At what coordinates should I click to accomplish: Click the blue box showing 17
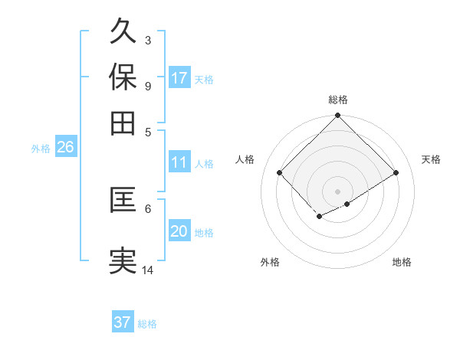click(x=179, y=78)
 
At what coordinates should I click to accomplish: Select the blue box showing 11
click(x=179, y=162)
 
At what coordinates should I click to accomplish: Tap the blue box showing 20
click(x=179, y=231)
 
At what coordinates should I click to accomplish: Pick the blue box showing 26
click(x=65, y=148)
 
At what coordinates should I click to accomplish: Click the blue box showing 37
click(x=122, y=322)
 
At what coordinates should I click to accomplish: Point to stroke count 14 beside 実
click(x=148, y=270)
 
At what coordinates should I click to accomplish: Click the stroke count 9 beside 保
click(x=148, y=86)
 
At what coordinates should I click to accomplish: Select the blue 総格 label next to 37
click(x=147, y=324)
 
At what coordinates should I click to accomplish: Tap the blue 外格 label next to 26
click(x=41, y=149)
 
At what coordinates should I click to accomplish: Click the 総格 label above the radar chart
click(x=338, y=100)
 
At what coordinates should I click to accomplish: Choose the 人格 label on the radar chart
click(x=245, y=159)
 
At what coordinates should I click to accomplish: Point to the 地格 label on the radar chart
click(x=402, y=262)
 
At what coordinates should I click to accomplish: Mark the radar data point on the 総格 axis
click(x=338, y=116)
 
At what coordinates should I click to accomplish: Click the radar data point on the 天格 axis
click(x=396, y=172)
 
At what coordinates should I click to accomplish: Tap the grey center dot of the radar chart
click(x=338, y=191)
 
